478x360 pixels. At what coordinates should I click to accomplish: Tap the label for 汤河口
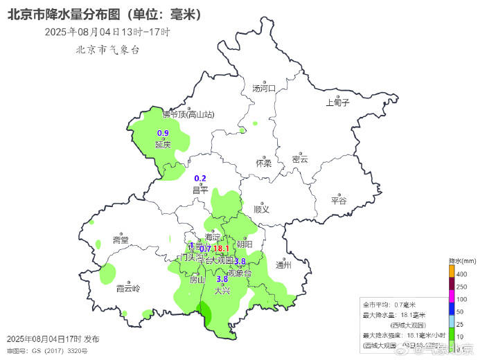point(264,89)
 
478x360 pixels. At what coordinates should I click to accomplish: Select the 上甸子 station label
point(338,103)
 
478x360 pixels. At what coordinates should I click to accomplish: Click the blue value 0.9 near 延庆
point(163,133)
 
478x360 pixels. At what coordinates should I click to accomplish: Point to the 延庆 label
point(163,145)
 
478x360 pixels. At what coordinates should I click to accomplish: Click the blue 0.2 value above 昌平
point(200,179)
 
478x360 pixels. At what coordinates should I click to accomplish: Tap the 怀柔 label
point(263,163)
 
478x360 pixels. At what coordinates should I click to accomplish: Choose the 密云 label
point(299,159)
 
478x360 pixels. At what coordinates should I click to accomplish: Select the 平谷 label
point(338,201)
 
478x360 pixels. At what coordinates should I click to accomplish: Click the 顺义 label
point(261,208)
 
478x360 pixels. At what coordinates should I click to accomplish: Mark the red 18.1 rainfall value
point(221,249)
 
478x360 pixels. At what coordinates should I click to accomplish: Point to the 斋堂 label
point(121,240)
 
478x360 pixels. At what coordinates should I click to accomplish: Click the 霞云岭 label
point(127,288)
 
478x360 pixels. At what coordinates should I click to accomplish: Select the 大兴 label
point(222,291)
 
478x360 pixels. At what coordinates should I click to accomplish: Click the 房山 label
point(197,280)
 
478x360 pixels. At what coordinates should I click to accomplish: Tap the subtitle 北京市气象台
point(107,50)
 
